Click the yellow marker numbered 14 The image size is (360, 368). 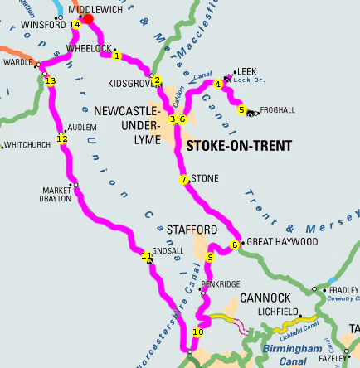pyautogui.click(x=75, y=25)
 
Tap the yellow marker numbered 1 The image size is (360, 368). pyautogui.click(x=117, y=56)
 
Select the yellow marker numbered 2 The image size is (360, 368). pyautogui.click(x=155, y=80)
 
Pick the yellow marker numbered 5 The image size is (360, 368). pyautogui.click(x=241, y=109)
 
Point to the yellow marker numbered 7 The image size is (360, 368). pyautogui.click(x=183, y=179)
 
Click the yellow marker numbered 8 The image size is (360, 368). pyautogui.click(x=235, y=244)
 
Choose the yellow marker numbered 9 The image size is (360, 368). pyautogui.click(x=210, y=258)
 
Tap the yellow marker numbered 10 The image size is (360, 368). pyautogui.click(x=197, y=332)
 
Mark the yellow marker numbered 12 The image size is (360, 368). pyautogui.click(x=61, y=138)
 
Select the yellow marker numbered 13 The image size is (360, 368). pyautogui.click(x=50, y=80)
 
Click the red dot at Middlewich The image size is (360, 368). pyautogui.click(x=87, y=16)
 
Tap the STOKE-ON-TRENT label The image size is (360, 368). pyautogui.click(x=239, y=147)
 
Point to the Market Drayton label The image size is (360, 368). pyautogui.click(x=56, y=193)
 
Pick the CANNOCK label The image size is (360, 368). pyautogui.click(x=265, y=298)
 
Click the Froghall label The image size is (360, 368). pyautogui.click(x=277, y=109)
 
